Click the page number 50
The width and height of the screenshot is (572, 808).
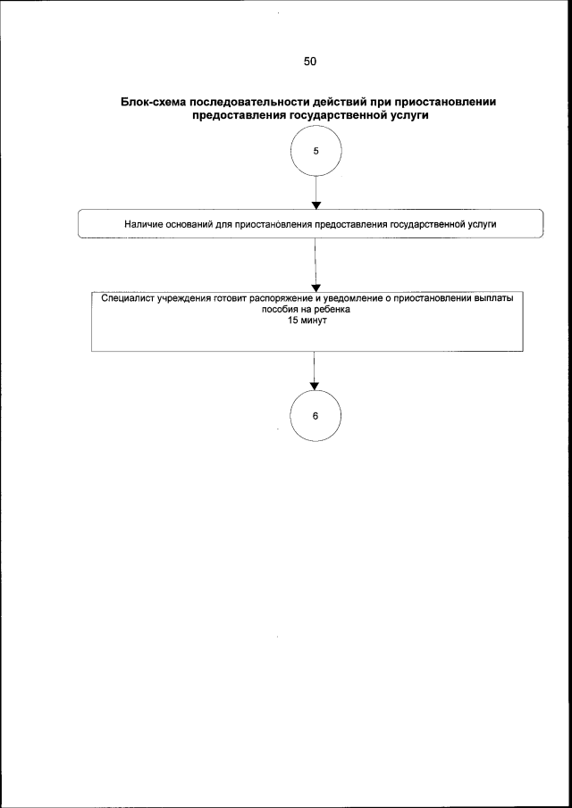[310, 62]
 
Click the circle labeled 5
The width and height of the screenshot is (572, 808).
[315, 151]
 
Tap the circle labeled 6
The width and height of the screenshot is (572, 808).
[315, 416]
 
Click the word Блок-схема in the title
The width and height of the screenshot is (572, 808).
[153, 103]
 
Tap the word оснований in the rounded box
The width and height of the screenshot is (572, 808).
[187, 223]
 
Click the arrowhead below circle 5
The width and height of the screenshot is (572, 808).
[315, 204]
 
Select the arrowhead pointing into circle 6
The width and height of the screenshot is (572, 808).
[315, 386]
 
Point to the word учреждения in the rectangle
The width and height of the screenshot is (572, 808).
[181, 300]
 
